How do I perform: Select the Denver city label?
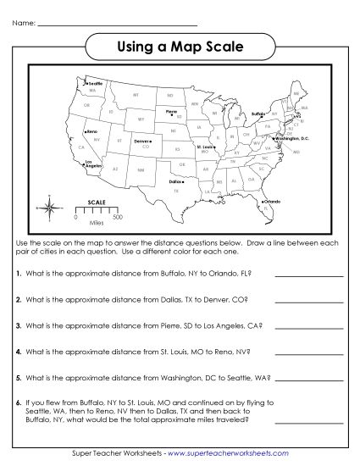point(141,141)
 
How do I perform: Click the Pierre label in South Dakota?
point(171,110)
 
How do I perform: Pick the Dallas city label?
point(176,181)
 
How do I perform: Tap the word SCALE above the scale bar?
point(97,202)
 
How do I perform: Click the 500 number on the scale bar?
point(117,218)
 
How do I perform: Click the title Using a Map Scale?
point(180,47)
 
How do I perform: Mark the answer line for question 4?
point(308,349)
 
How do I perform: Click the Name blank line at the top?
point(118,24)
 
